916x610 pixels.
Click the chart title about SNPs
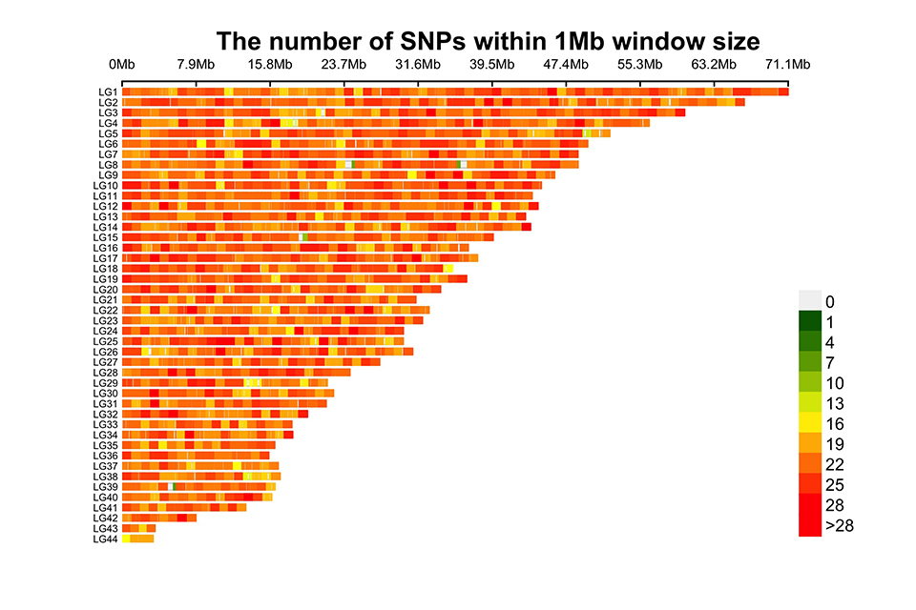coord(488,41)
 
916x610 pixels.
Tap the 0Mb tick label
coord(122,65)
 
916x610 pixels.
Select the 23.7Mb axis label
coord(343,65)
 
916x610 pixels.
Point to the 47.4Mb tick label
coord(566,65)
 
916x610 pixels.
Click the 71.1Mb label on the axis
coord(788,65)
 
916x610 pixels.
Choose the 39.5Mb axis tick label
coord(492,65)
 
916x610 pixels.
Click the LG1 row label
coord(107,91)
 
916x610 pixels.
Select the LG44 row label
coord(105,539)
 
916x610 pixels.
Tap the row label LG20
coord(105,289)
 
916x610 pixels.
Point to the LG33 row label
coord(105,424)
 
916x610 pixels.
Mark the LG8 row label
coord(107,164)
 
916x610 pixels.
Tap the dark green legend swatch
coord(810,321)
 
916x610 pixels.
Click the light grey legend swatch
coord(810,300)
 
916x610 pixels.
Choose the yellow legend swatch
coord(810,422)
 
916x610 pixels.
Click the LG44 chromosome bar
coord(137,539)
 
